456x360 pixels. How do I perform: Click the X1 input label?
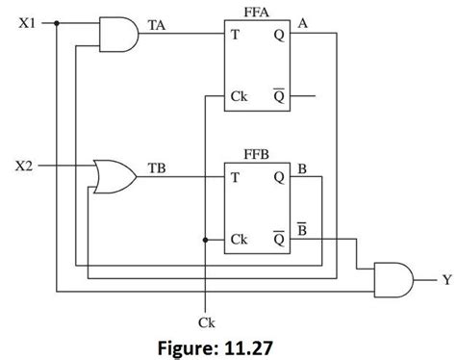27,22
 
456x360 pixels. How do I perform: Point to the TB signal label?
156,168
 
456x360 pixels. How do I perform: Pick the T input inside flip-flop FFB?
234,178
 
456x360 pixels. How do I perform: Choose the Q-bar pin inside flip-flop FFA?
277,95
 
